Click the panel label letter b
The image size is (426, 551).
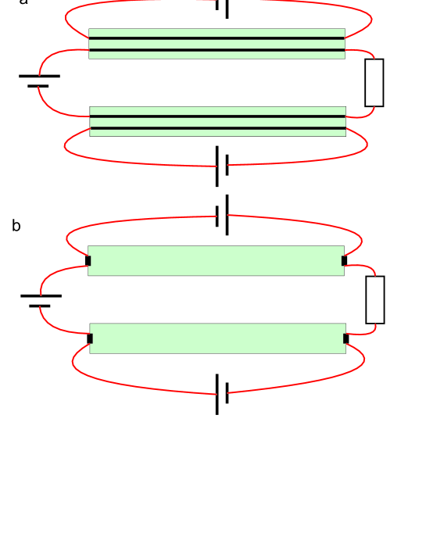click(16, 226)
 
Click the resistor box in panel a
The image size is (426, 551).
click(374, 83)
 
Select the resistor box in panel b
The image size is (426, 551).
click(374, 299)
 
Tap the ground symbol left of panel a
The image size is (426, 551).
click(38, 80)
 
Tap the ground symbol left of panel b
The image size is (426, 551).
click(40, 300)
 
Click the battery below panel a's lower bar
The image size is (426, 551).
click(221, 166)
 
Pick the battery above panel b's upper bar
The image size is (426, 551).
click(222, 215)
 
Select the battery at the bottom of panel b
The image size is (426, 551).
click(222, 393)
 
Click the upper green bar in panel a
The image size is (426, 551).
click(217, 44)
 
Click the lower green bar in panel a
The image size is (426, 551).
click(217, 122)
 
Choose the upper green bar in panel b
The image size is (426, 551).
click(216, 260)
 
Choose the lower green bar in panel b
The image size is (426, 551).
click(217, 338)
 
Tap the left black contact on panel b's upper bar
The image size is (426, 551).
click(88, 260)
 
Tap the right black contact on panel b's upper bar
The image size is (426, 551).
click(344, 260)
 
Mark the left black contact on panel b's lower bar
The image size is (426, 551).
click(90, 338)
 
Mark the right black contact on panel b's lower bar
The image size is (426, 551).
click(345, 338)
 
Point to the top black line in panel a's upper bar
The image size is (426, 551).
click(217, 38)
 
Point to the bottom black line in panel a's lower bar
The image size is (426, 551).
click(217, 128)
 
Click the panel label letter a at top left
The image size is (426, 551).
click(23, 2)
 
